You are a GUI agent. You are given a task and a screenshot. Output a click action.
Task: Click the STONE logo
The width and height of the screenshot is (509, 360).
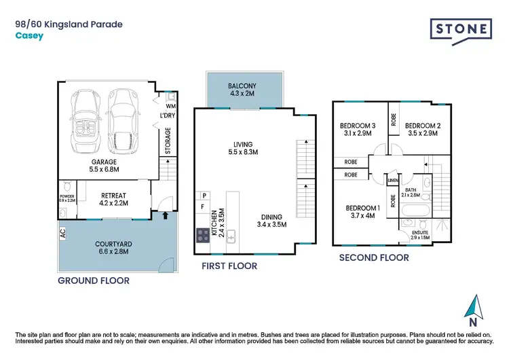461,30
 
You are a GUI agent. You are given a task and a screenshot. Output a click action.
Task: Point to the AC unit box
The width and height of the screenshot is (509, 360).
63,232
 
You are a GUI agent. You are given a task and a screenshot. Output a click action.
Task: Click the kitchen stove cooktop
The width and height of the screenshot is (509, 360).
203,235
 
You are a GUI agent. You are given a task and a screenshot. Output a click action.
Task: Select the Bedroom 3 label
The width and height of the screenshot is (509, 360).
357,126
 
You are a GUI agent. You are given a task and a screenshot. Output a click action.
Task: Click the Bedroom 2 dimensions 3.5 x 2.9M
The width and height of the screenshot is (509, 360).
422,134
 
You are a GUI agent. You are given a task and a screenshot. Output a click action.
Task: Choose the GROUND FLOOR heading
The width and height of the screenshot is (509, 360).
93,280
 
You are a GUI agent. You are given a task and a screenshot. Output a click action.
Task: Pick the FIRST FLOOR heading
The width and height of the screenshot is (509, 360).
229,266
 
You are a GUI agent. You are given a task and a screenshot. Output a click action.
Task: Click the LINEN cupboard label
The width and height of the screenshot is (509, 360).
392,181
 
